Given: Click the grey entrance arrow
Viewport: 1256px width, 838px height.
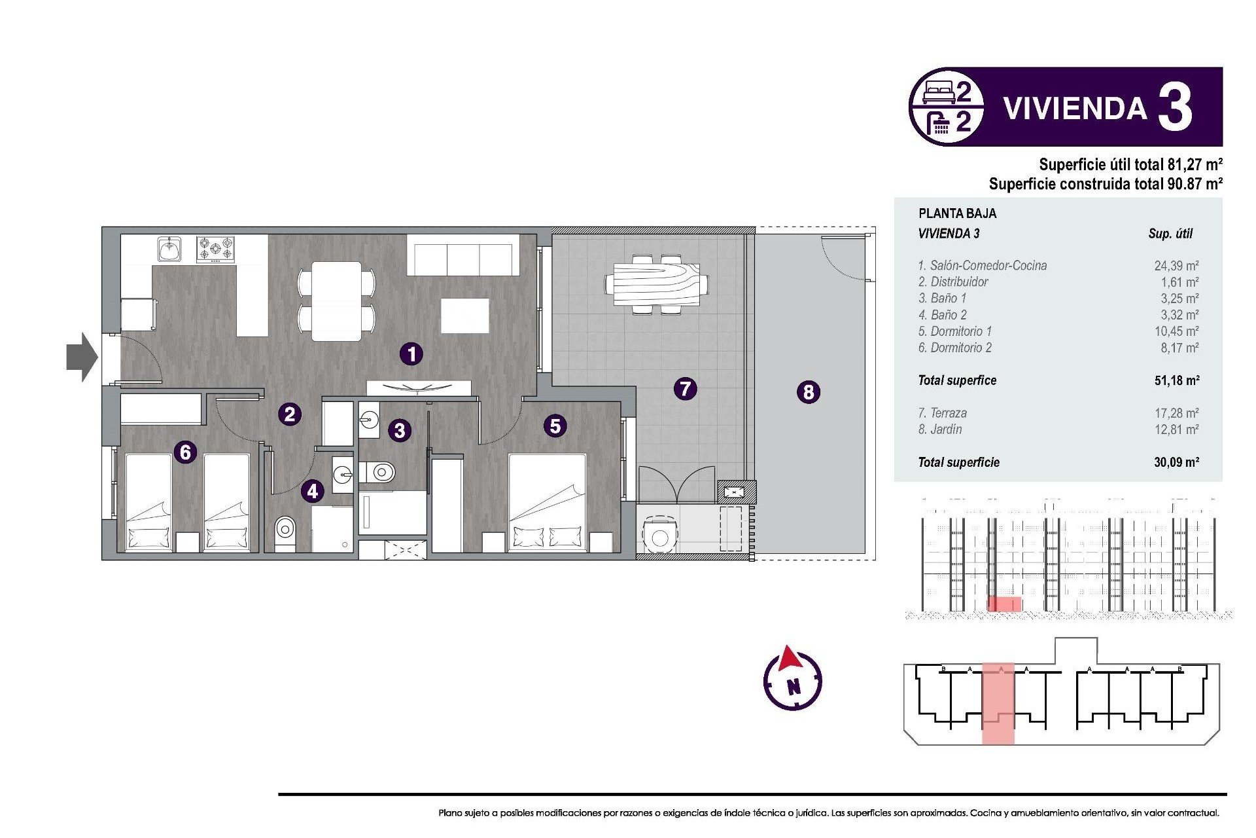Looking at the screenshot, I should (82, 357).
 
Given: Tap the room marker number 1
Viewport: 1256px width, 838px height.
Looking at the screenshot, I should (411, 354).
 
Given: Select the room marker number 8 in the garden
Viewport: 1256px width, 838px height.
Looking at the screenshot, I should (809, 392).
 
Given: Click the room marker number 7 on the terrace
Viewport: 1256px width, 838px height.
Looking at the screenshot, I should (685, 389).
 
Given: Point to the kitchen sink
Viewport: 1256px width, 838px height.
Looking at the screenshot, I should (169, 249).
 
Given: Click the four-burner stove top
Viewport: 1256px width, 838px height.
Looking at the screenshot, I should (216, 249).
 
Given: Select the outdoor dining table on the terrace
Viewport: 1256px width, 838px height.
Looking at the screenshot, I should (656, 285).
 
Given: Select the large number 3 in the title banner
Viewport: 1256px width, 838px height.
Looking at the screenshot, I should (1175, 108).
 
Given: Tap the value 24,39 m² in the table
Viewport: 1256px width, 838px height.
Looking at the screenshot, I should (1176, 266).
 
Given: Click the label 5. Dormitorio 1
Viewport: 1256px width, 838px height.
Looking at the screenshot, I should (954, 331).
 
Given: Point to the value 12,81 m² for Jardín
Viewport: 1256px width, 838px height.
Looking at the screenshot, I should (1176, 429).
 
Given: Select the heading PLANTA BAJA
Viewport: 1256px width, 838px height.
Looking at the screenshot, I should (957, 213).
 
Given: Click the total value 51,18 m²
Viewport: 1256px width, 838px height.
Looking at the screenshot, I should (1176, 380).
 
